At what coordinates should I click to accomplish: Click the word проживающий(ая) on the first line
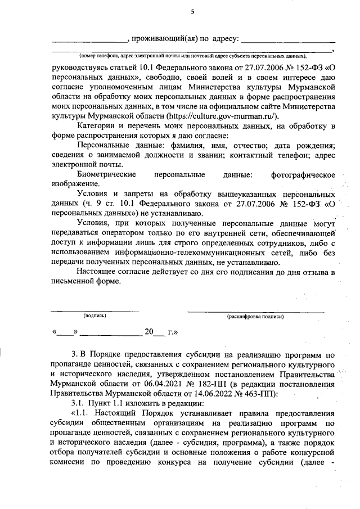(x=164, y=39)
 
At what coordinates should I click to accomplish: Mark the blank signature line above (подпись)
(x=95, y=309)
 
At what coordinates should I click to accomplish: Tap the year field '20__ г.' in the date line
(x=161, y=332)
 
